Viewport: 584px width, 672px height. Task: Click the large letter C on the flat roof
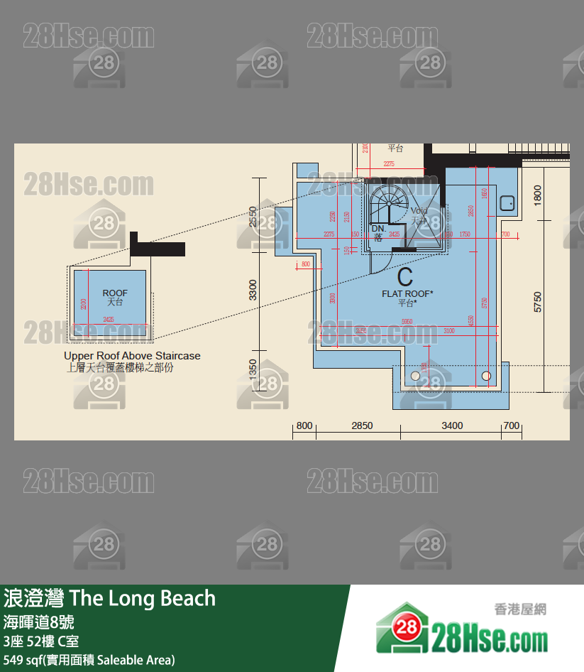(405, 276)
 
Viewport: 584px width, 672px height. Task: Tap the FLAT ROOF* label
(407, 293)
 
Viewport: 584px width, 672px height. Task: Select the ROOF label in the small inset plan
(115, 293)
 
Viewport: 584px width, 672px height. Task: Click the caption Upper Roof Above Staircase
(132, 356)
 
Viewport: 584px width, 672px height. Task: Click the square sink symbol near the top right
(507, 203)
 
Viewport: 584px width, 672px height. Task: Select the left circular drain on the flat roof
(414, 375)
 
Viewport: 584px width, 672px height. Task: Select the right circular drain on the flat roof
(486, 375)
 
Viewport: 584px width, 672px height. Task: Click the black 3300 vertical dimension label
(253, 290)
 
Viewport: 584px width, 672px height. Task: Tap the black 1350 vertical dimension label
(253, 369)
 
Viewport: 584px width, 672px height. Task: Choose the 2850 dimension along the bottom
(362, 426)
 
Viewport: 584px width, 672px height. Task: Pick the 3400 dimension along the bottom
(452, 426)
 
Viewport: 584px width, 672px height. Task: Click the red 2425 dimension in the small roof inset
(109, 320)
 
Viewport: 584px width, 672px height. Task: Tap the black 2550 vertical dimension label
(253, 217)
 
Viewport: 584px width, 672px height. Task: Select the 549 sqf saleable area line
(89, 660)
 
